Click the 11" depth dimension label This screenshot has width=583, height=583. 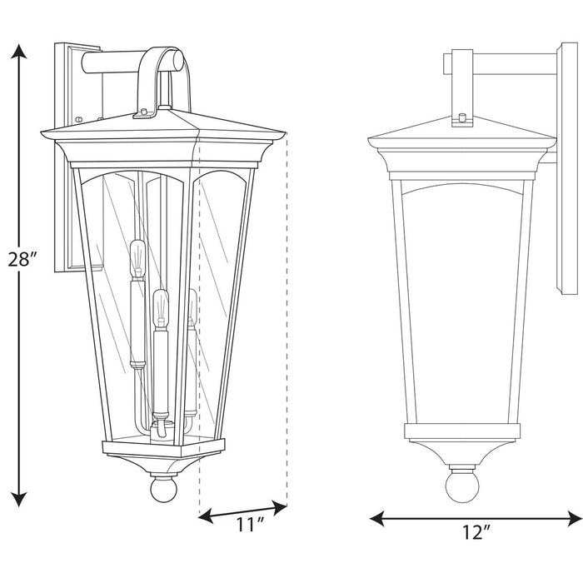[249, 526]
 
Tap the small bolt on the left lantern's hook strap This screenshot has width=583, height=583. [145, 111]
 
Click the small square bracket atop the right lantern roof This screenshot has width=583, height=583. [460, 118]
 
